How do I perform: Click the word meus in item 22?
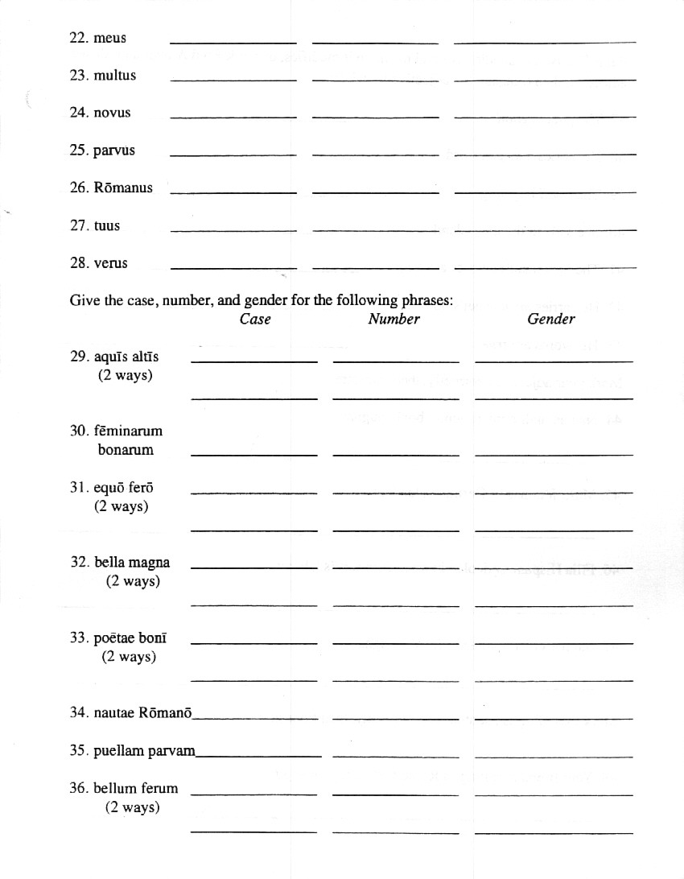coord(109,38)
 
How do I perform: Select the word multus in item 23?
coord(115,76)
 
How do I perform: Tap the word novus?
coord(112,113)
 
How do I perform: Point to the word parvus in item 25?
coord(114,151)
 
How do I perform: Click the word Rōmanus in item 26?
coord(122,188)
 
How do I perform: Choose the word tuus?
coord(106,225)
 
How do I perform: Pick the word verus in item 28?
coord(110,263)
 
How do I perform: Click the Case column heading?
coord(255,319)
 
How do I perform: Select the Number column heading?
coord(394,319)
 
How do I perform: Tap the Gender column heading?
coord(551,319)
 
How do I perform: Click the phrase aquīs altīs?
coord(126,357)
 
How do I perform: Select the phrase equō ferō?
coord(123,488)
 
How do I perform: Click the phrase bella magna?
coord(132,563)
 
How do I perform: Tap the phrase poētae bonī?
coord(130,638)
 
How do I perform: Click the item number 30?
coord(79,431)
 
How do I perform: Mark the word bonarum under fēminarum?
coord(126,450)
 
